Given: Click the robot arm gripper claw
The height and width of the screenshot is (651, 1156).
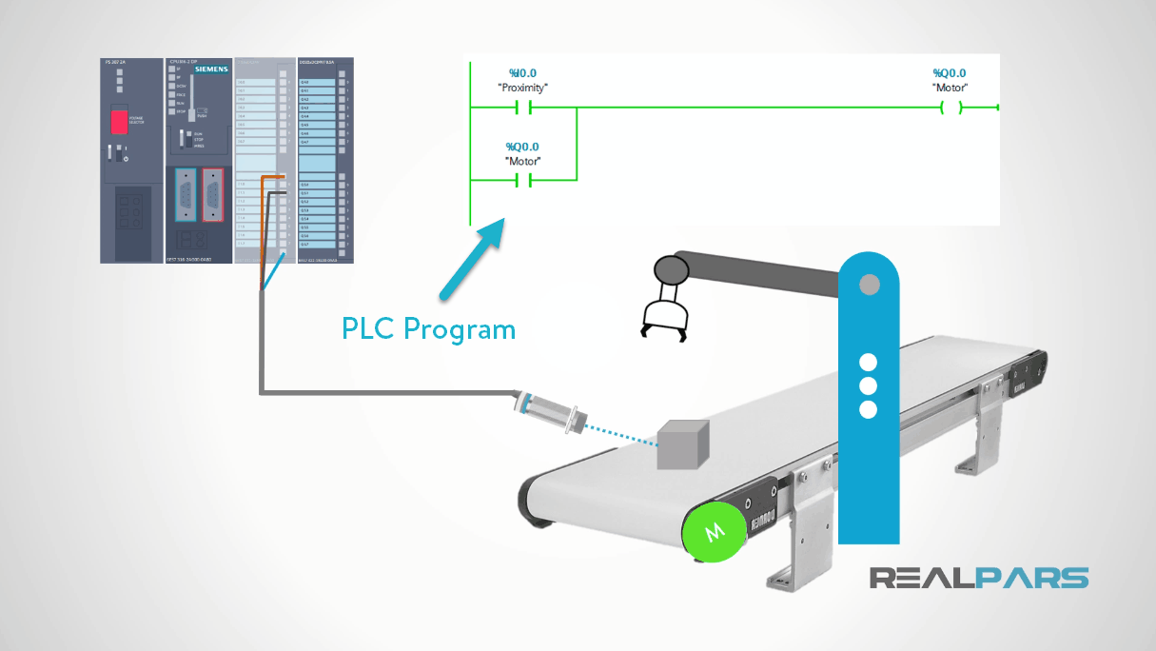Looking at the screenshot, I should coord(663,319).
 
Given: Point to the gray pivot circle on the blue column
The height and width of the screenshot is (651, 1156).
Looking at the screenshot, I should coord(868,284).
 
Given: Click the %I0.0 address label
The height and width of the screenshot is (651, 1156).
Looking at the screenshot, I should coord(521,73).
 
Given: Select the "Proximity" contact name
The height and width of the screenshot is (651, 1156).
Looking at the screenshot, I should coord(522,88).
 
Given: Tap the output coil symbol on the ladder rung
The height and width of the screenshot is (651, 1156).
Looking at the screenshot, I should coord(950,108).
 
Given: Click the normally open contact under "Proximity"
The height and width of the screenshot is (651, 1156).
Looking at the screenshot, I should coord(522,108).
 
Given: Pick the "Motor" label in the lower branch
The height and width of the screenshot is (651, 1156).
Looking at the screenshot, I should coord(522,162).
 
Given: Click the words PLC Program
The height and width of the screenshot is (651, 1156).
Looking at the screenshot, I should coord(428,329).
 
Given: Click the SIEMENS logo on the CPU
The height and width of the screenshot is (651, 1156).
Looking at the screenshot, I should coord(212,69).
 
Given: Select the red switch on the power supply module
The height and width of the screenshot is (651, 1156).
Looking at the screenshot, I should coord(120,121).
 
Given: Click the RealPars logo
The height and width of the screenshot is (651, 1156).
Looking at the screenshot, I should coord(979,578).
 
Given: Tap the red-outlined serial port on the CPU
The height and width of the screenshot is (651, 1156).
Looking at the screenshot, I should coord(214,194).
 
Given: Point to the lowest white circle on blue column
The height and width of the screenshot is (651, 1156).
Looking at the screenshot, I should coord(868,409).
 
